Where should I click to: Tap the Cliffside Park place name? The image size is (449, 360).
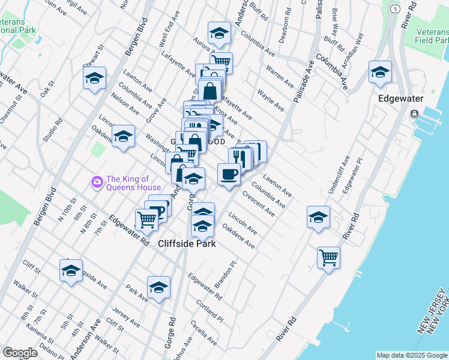coord(187,244)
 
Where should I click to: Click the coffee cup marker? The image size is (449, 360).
coord(229,175)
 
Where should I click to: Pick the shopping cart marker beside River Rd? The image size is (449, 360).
coord(328,258)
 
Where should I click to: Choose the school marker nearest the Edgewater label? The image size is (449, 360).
coord(381,73)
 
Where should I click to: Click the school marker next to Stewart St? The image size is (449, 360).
coord(94,79)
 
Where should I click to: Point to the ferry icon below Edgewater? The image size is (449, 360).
coord(414,114)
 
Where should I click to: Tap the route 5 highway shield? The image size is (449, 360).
coord(395,9)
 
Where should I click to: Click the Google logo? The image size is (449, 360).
coord(20,353)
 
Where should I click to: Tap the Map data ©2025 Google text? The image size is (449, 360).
coord(412,355)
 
